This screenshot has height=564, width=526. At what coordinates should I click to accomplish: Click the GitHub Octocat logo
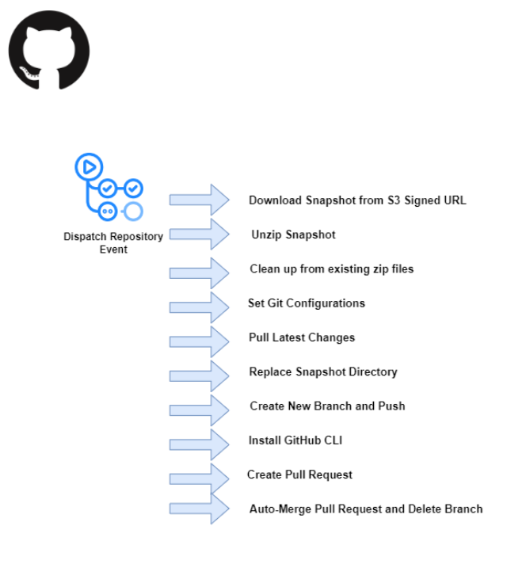[x=49, y=50]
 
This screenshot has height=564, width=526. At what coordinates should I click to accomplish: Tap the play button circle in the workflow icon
[x=89, y=167]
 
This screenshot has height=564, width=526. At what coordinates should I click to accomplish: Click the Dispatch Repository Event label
[x=113, y=243]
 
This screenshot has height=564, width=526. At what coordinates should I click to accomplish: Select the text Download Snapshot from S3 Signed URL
[x=357, y=200]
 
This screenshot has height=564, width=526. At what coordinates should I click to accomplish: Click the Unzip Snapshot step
[x=293, y=234]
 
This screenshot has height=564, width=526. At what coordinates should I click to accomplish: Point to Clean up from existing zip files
[x=332, y=269]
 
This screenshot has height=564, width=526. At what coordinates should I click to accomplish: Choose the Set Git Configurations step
[x=307, y=303]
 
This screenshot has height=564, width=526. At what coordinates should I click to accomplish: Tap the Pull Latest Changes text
[x=302, y=337]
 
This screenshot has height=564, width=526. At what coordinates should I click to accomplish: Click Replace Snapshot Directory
[x=323, y=372]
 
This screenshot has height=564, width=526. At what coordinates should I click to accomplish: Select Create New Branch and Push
[x=327, y=406]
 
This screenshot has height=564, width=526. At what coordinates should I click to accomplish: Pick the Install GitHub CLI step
[x=295, y=440]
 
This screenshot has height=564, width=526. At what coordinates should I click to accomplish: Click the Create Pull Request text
[x=299, y=474]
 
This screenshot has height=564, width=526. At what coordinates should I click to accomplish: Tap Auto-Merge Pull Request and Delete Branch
[x=366, y=509]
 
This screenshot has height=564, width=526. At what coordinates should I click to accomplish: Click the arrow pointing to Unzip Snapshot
[x=200, y=234]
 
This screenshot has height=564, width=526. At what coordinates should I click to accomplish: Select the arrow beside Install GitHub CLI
[x=200, y=444]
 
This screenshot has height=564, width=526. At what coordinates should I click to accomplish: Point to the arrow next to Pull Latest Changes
[x=200, y=341]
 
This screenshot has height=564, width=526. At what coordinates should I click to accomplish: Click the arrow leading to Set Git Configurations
[x=200, y=307]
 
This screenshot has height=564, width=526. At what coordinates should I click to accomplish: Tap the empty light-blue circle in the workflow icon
[x=133, y=211]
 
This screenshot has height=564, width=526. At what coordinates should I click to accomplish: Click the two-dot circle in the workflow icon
[x=108, y=211]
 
